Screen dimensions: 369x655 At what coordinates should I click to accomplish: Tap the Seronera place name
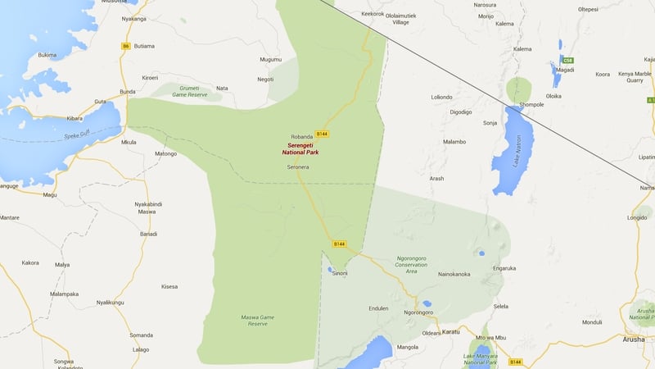(297, 166)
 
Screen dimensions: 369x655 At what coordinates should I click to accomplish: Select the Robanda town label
(302, 136)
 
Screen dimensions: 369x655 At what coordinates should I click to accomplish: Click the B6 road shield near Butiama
(126, 46)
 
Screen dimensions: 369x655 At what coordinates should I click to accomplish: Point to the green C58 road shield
(567, 60)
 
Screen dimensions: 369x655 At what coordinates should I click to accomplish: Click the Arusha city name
(634, 339)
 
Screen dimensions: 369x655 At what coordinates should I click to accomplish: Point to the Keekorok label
(372, 14)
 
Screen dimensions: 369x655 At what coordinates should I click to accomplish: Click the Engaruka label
(504, 267)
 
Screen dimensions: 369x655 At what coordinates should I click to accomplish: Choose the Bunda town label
(128, 92)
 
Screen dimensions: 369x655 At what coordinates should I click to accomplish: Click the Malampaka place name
(64, 294)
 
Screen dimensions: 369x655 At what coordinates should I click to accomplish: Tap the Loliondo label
(442, 97)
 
